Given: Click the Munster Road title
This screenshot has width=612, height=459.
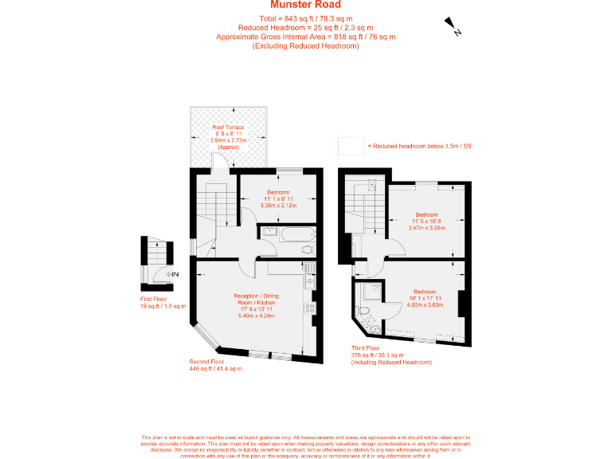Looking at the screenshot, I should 305,6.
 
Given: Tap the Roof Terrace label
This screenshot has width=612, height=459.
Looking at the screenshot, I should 228,127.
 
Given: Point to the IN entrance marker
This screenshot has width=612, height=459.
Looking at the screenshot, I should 174,275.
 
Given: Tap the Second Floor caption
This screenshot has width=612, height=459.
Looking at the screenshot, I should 206,360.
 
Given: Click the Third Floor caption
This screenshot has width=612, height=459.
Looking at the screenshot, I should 367,348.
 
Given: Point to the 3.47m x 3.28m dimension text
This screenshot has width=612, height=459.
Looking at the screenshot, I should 426,227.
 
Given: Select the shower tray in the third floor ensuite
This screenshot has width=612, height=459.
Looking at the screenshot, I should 367,291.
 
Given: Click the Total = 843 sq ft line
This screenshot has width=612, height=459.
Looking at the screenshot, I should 305,18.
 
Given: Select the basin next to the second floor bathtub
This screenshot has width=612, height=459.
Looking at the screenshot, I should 269,230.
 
